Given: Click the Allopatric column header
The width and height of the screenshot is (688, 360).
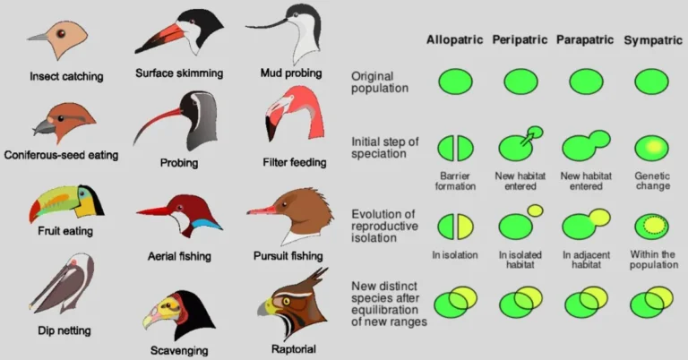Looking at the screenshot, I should [x=454, y=40].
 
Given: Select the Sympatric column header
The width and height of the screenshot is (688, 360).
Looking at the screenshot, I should [x=652, y=40].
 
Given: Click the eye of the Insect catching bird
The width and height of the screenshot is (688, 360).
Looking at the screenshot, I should [x=60, y=34].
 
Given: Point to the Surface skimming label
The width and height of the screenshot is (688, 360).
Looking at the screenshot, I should [x=179, y=73].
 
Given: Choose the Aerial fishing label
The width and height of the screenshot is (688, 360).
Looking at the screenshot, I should [x=179, y=257].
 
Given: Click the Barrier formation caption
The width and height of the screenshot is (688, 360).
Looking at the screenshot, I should [x=456, y=181].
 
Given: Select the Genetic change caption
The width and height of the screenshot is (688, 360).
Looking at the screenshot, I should [x=652, y=181].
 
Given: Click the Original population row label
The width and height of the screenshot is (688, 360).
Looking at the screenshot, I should [x=380, y=82].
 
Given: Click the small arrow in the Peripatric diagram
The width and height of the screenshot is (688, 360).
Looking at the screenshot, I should [x=530, y=136].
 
